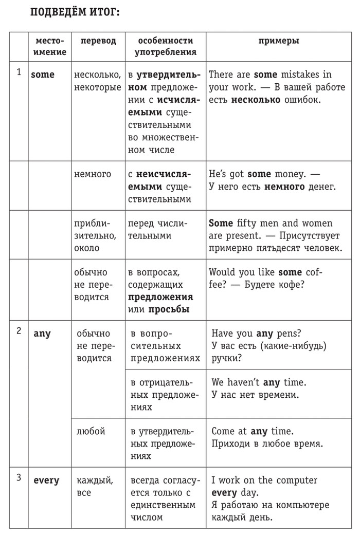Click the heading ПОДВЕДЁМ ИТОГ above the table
[x=75, y=12]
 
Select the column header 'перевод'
[x=98, y=41]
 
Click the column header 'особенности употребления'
[x=165, y=46]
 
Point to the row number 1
[x=19, y=72]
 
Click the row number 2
[x=19, y=331]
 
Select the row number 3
[x=19, y=478]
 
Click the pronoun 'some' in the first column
[x=43, y=75]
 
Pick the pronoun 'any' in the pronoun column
[x=42, y=333]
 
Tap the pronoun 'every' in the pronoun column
[x=46, y=480]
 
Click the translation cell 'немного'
[x=93, y=174]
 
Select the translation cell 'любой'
[x=91, y=431]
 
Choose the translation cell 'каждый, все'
[x=95, y=486]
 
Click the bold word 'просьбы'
[x=169, y=309]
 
